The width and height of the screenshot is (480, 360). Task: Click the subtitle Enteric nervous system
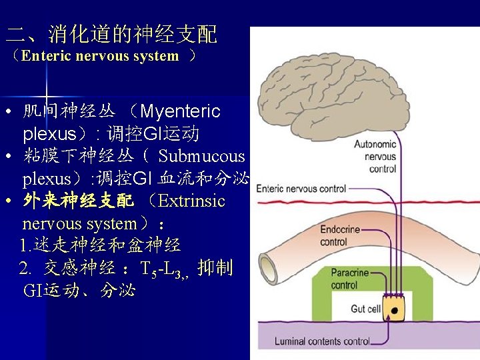point(100,57)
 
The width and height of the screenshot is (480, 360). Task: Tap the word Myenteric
point(180,111)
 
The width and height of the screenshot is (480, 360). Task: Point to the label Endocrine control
point(340,235)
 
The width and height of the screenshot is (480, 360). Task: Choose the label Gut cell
point(366,309)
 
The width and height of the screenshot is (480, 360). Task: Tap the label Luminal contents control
point(322,341)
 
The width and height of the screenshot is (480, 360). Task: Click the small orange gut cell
point(395,309)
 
